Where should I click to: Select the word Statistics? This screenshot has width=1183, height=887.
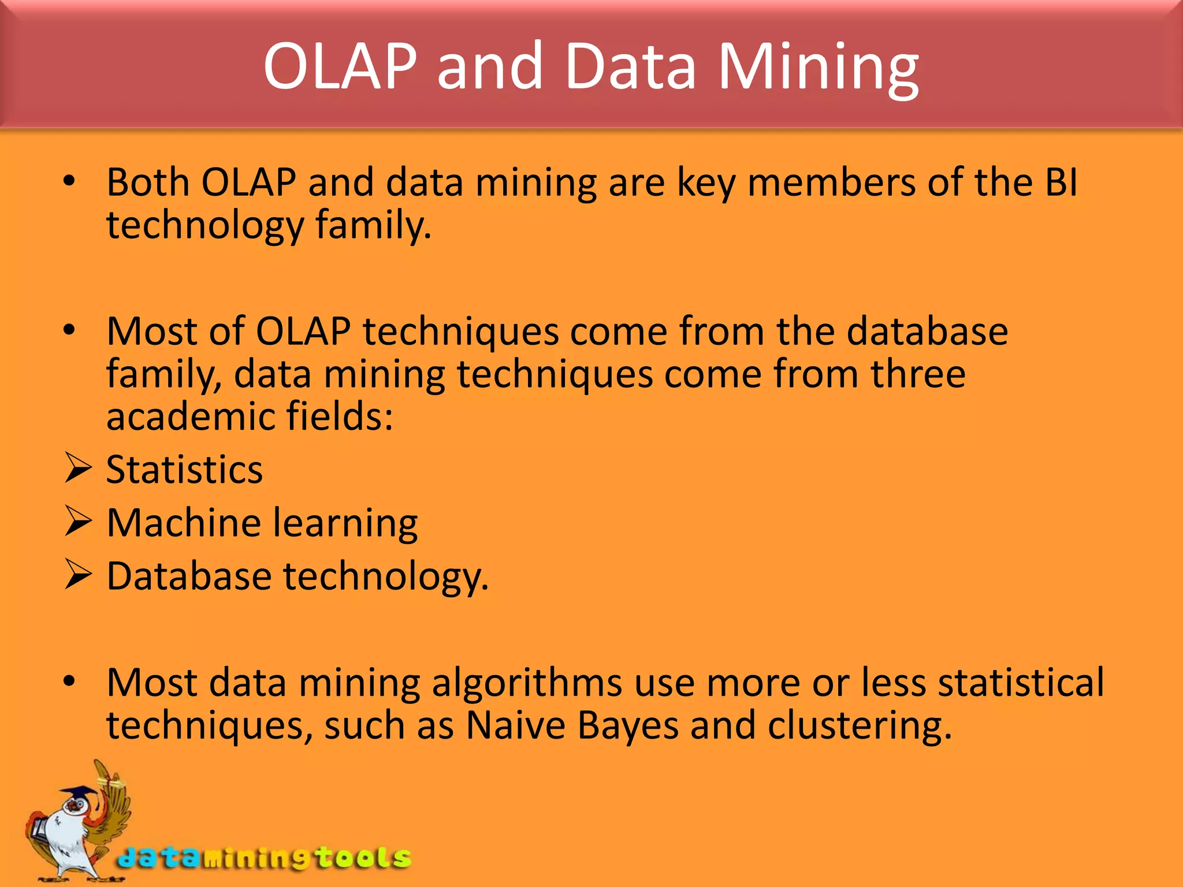(x=184, y=469)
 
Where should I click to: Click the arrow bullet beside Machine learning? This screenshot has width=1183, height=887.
(x=78, y=521)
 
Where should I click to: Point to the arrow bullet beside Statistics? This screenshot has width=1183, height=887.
(x=78, y=468)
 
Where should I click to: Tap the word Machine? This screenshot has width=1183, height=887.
(x=184, y=523)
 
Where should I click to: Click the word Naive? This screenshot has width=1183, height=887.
(x=515, y=725)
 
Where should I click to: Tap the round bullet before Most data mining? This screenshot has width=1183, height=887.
(x=69, y=681)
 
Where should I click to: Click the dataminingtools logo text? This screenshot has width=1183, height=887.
(x=264, y=858)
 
